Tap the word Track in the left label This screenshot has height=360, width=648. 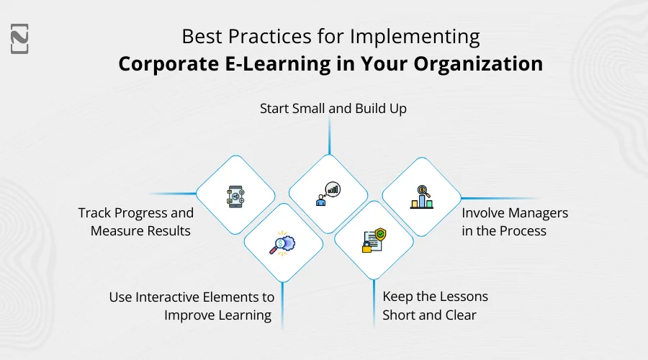point(94,212)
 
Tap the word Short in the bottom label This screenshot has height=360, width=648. point(402,315)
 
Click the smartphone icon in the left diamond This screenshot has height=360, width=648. point(235,196)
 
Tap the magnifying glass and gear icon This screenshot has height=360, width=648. point(282,243)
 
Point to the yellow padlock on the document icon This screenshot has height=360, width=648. point(366,247)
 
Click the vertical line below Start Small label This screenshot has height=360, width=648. point(330,137)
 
